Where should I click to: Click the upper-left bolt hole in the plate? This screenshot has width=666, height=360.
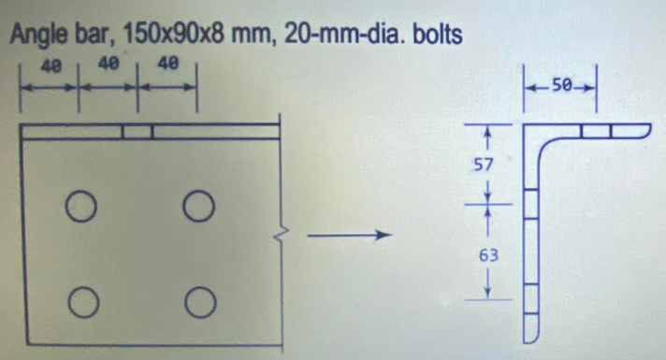pyautogui.click(x=80, y=206)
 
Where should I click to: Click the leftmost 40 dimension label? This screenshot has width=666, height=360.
pyautogui.click(x=52, y=65)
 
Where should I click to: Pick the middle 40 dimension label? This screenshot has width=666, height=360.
pyautogui.click(x=109, y=65)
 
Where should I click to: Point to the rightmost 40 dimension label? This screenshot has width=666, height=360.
pyautogui.click(x=168, y=65)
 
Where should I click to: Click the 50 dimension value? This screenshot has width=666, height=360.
pyautogui.click(x=562, y=85)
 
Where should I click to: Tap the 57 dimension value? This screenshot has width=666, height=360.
pyautogui.click(x=485, y=166)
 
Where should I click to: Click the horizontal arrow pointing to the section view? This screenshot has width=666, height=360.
pyautogui.click(x=347, y=236)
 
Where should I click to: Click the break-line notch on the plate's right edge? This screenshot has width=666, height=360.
pyautogui.click(x=277, y=235)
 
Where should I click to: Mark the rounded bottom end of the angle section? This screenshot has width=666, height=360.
pyautogui.click(x=530, y=333)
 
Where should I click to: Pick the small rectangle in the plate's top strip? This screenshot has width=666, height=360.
pyautogui.click(x=138, y=131)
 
